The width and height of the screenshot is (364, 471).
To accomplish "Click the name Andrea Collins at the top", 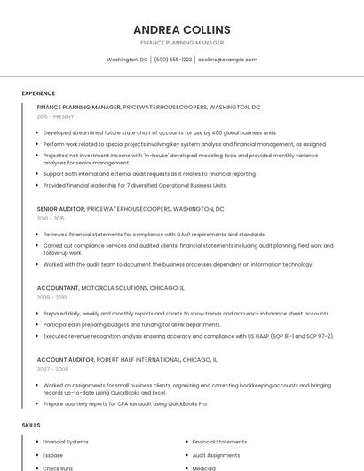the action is (181, 29).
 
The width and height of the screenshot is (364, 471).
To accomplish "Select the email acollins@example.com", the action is (227, 60).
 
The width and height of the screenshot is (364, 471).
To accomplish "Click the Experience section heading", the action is (38, 92).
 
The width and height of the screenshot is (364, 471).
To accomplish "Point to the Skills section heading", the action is (31, 425).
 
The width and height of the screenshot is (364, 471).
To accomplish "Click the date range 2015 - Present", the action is (55, 116).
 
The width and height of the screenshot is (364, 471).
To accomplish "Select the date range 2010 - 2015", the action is (51, 218).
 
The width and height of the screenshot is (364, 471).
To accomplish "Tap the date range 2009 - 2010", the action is (51, 298).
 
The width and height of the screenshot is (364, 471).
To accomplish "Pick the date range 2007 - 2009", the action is (51, 369).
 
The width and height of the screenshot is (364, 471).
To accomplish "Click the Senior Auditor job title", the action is (60, 209).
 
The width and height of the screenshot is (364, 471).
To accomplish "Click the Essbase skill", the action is (53, 455).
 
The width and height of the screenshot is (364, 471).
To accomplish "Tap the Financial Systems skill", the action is (66, 442).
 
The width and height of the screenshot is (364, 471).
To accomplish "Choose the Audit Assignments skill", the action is (216, 455).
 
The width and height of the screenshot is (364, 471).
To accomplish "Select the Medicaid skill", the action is (204, 468).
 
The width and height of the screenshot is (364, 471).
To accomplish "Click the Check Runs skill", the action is (58, 468).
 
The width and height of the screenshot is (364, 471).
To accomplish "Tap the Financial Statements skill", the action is (219, 442).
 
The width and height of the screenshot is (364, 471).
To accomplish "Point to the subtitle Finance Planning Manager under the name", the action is (181, 43).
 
